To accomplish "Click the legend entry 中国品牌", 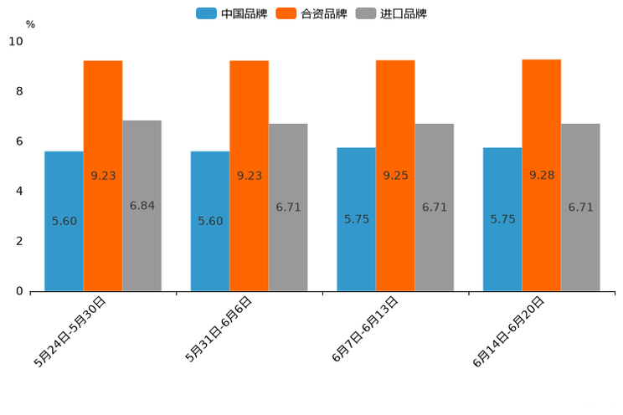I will pyautogui.click(x=232, y=13).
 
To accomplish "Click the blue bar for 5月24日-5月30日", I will pyautogui.click(x=64, y=221).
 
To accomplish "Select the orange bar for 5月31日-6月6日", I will pyautogui.click(x=249, y=176).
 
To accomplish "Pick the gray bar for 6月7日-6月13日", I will pyautogui.click(x=434, y=207).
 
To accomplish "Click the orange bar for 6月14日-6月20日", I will pyautogui.click(x=541, y=175).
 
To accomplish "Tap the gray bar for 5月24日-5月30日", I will pyautogui.click(x=142, y=206).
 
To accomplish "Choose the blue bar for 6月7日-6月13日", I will pyautogui.click(x=356, y=219).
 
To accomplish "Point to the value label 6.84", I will pyautogui.click(x=142, y=206).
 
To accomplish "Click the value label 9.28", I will pyautogui.click(x=541, y=176).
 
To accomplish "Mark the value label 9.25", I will pyautogui.click(x=395, y=176).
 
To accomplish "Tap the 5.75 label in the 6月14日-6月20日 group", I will pyautogui.click(x=502, y=219).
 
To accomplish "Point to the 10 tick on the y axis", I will pyautogui.click(x=16, y=41).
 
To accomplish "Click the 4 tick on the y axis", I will pyautogui.click(x=19, y=191).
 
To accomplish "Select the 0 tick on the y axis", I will pyautogui.click(x=19, y=291).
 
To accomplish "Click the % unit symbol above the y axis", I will pyautogui.click(x=30, y=24).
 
